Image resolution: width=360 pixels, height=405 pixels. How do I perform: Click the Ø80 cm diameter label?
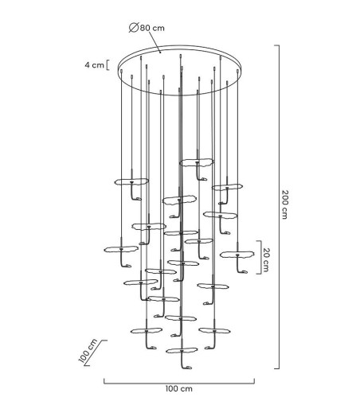tap(147, 28)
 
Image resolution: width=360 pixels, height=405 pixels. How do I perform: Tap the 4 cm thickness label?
tap(95, 65)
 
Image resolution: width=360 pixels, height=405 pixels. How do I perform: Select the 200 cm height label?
tap(284, 204)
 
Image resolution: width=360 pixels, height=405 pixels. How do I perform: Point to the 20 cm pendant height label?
tap(266, 260)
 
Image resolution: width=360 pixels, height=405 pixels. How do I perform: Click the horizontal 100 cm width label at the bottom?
tap(179, 389)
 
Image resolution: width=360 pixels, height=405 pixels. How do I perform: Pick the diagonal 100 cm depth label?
tap(88, 351)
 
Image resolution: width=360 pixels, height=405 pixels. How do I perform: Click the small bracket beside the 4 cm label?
tap(108, 65)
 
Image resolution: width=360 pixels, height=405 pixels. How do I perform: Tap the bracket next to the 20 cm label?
tap(260, 257)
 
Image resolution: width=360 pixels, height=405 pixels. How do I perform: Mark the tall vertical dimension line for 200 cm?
tap(278, 207)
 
